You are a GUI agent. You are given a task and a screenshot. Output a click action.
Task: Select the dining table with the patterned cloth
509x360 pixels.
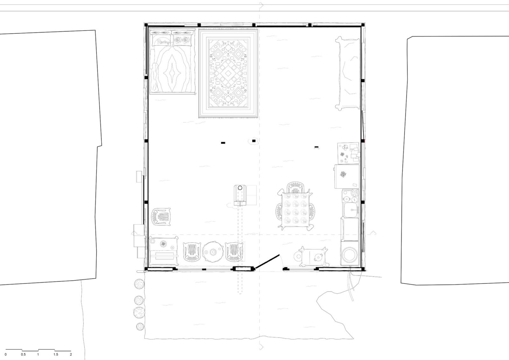(x=294, y=209)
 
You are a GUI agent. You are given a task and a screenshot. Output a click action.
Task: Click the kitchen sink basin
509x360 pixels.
(x=350, y=211)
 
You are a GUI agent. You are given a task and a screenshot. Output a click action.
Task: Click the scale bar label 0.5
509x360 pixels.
(x=23, y=354)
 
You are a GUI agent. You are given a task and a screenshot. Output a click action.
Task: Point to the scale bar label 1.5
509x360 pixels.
(x=56, y=354)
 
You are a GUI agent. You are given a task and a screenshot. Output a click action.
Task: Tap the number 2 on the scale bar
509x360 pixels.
(x=71, y=354)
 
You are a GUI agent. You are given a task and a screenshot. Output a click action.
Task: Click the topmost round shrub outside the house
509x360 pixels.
(x=139, y=284)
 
